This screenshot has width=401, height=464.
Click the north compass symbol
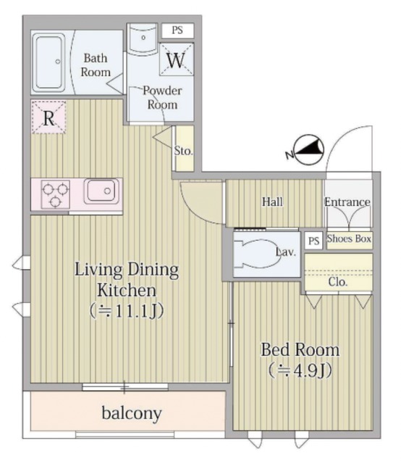click(309, 150)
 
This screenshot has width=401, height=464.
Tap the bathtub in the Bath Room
click(48, 62)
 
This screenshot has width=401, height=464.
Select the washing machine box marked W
click(177, 59)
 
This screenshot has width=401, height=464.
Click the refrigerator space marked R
click(48, 117)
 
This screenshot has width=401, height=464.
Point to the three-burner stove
click(56, 194)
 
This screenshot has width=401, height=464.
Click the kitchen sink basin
click(101, 191)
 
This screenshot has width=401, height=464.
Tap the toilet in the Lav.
click(257, 254)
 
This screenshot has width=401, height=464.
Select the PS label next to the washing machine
click(177, 30)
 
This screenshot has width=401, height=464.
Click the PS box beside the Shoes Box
click(313, 240)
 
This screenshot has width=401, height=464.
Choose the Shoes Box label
click(349, 239)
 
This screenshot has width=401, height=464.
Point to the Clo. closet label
click(338, 282)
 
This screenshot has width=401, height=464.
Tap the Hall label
click(272, 202)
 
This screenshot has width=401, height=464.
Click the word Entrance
click(347, 202)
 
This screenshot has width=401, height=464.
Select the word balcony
click(132, 413)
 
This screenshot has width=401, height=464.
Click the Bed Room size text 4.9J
click(300, 370)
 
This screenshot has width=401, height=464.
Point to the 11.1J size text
click(127, 311)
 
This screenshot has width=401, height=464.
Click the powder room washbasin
click(143, 38)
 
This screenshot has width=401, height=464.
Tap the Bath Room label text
click(96, 65)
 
